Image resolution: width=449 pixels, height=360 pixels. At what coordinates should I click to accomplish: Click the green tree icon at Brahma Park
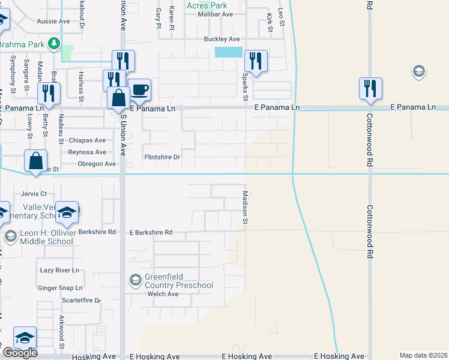54,43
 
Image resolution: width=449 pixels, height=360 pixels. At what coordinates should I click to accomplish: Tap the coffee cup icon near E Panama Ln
140,90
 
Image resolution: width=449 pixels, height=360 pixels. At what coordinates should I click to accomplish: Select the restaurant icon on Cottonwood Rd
367,88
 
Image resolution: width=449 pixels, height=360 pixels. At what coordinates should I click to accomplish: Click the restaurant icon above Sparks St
256,60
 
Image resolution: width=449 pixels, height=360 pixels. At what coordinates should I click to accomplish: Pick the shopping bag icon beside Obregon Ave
36,161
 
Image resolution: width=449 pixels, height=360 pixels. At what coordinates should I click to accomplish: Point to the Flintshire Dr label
162,157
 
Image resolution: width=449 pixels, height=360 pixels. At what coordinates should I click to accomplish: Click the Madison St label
245,208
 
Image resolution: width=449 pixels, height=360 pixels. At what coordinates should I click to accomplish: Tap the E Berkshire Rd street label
151,232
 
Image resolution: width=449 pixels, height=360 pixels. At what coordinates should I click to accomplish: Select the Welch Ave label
164,294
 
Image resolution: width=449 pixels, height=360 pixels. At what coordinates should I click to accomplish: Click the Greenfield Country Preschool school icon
136,280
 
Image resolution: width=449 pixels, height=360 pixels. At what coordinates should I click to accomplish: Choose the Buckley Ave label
221,39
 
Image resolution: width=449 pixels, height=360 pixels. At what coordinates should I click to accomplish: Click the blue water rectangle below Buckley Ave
228,52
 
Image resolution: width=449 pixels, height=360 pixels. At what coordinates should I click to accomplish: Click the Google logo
19,353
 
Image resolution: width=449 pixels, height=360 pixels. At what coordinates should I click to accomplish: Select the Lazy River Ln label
60,271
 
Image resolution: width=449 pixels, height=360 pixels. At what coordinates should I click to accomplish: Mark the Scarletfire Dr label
82,300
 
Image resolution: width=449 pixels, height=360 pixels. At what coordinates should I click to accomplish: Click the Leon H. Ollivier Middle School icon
10,236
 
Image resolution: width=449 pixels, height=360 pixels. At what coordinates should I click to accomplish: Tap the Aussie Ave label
53,21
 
